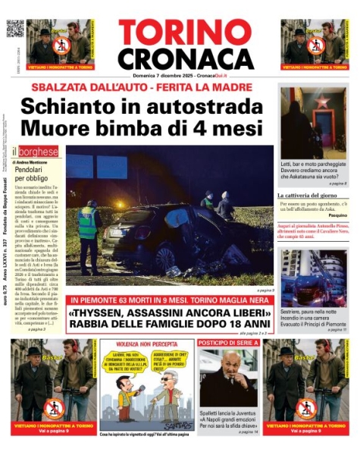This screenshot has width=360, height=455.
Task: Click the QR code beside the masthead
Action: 15,29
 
